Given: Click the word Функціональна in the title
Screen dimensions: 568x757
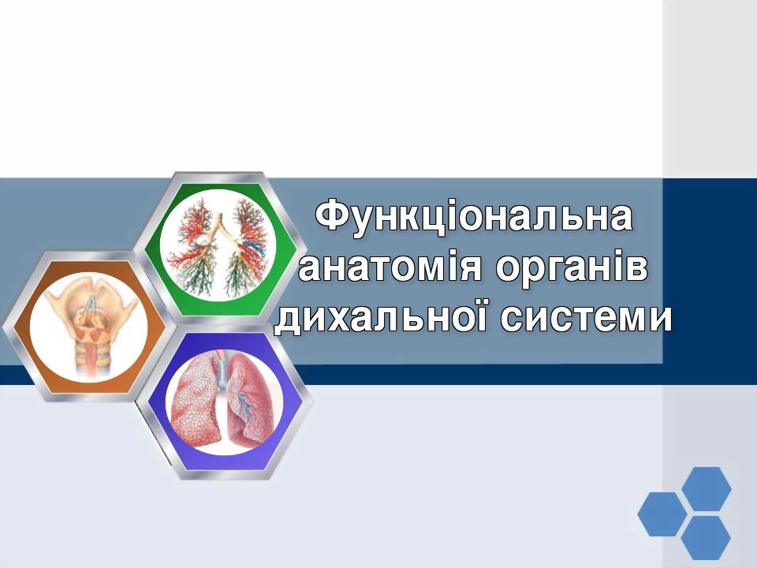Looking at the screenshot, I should pyautogui.click(x=474, y=217).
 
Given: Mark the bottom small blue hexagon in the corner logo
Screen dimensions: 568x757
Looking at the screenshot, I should pyautogui.click(x=705, y=538).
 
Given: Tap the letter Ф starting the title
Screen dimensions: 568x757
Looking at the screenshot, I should pyautogui.click(x=330, y=217).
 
